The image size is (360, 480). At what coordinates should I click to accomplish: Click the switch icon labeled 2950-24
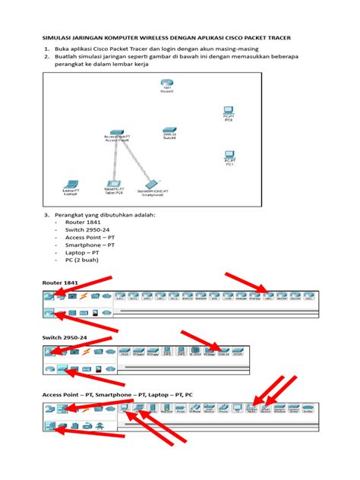(169, 131)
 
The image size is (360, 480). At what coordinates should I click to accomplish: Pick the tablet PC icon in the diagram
(113, 183)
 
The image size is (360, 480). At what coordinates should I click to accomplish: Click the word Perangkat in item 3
(69, 214)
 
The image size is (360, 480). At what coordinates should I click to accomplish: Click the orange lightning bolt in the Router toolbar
(84, 296)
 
